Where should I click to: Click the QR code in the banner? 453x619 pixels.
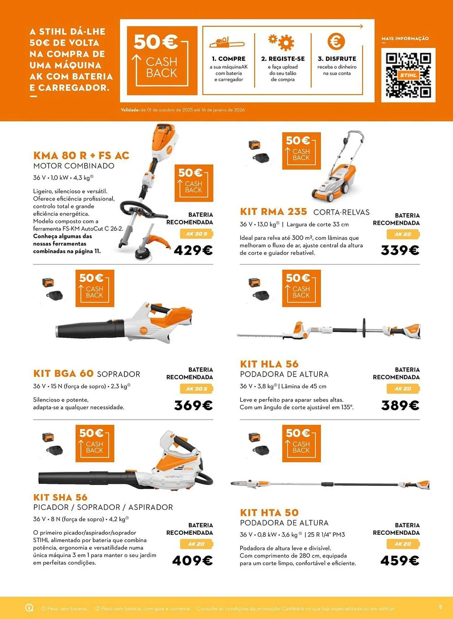(408, 75)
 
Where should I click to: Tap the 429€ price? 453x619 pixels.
(193, 250)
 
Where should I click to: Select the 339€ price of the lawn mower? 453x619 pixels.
(400, 250)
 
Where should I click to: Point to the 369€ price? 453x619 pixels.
(193, 405)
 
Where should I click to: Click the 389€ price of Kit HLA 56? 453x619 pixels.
(400, 405)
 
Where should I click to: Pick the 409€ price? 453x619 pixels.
(192, 561)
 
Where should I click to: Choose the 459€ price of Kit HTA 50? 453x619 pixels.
(400, 561)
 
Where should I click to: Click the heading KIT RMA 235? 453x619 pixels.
(273, 212)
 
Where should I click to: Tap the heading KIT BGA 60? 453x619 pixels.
(63, 374)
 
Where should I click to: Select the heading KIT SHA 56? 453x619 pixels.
(60, 497)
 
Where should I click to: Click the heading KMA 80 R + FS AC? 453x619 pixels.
(81, 155)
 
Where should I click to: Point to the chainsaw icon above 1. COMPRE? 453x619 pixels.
(227, 42)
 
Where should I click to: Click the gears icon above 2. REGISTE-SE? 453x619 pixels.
(282, 42)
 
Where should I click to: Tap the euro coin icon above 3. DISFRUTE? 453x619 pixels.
(336, 41)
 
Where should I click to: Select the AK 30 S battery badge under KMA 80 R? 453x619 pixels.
(196, 234)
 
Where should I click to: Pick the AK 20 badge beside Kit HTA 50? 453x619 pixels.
(403, 544)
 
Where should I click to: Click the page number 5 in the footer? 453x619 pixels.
(441, 607)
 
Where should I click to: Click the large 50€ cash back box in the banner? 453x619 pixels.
(162, 61)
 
